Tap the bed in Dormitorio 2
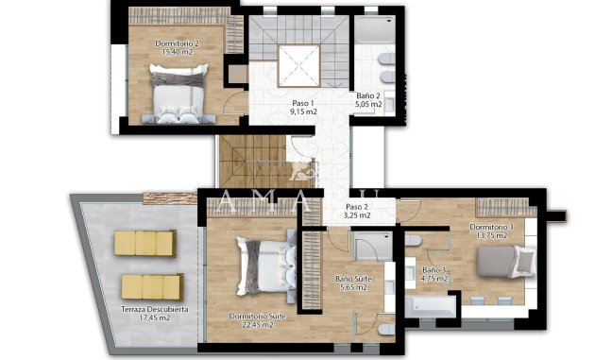[x=177, y=97]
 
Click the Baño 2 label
[x=369, y=95]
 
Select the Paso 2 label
[x=357, y=206]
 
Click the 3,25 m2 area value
[x=357, y=215]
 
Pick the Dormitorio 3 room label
[x=492, y=227]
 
